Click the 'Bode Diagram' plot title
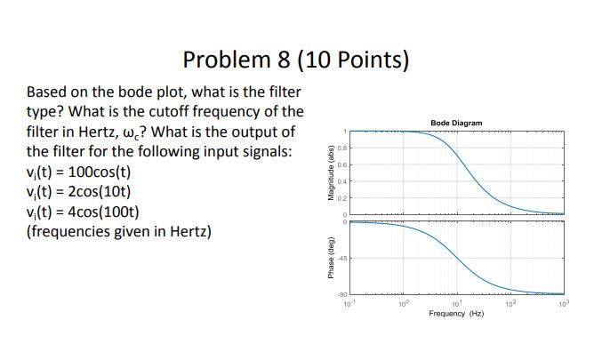(x=455, y=121)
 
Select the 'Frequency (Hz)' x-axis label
(x=455, y=314)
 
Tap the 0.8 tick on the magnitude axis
(x=339, y=148)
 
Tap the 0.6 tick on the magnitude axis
(x=339, y=164)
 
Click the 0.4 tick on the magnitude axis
(x=339, y=180)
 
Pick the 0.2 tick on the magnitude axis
(x=339, y=196)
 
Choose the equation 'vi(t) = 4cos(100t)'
(x=83, y=212)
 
